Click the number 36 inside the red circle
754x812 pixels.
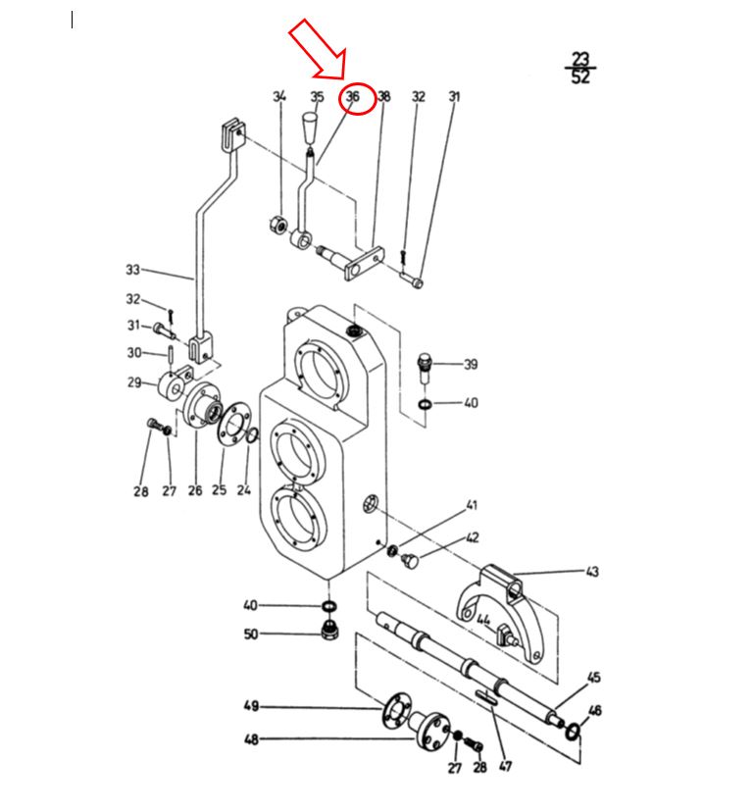[x=353, y=96]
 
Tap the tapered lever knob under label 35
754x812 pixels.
[x=310, y=127]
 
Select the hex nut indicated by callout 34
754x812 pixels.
[x=278, y=226]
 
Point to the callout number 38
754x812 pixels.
[x=383, y=96]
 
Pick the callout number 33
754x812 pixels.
[x=133, y=270]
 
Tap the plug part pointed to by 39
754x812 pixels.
[x=425, y=368]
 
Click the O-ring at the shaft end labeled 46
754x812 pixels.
[x=572, y=732]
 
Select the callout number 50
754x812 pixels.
[x=251, y=634]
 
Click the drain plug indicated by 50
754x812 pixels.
[x=328, y=629]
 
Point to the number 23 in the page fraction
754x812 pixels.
[x=581, y=59]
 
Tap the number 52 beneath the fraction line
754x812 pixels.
[x=580, y=76]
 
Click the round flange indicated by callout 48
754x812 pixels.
[x=428, y=731]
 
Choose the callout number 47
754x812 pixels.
[x=505, y=766]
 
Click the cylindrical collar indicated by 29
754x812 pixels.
[x=171, y=385]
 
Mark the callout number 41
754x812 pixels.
[x=472, y=505]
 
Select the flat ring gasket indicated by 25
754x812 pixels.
[x=233, y=423]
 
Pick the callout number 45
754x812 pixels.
[x=594, y=678]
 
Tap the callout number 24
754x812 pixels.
[x=244, y=490]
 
